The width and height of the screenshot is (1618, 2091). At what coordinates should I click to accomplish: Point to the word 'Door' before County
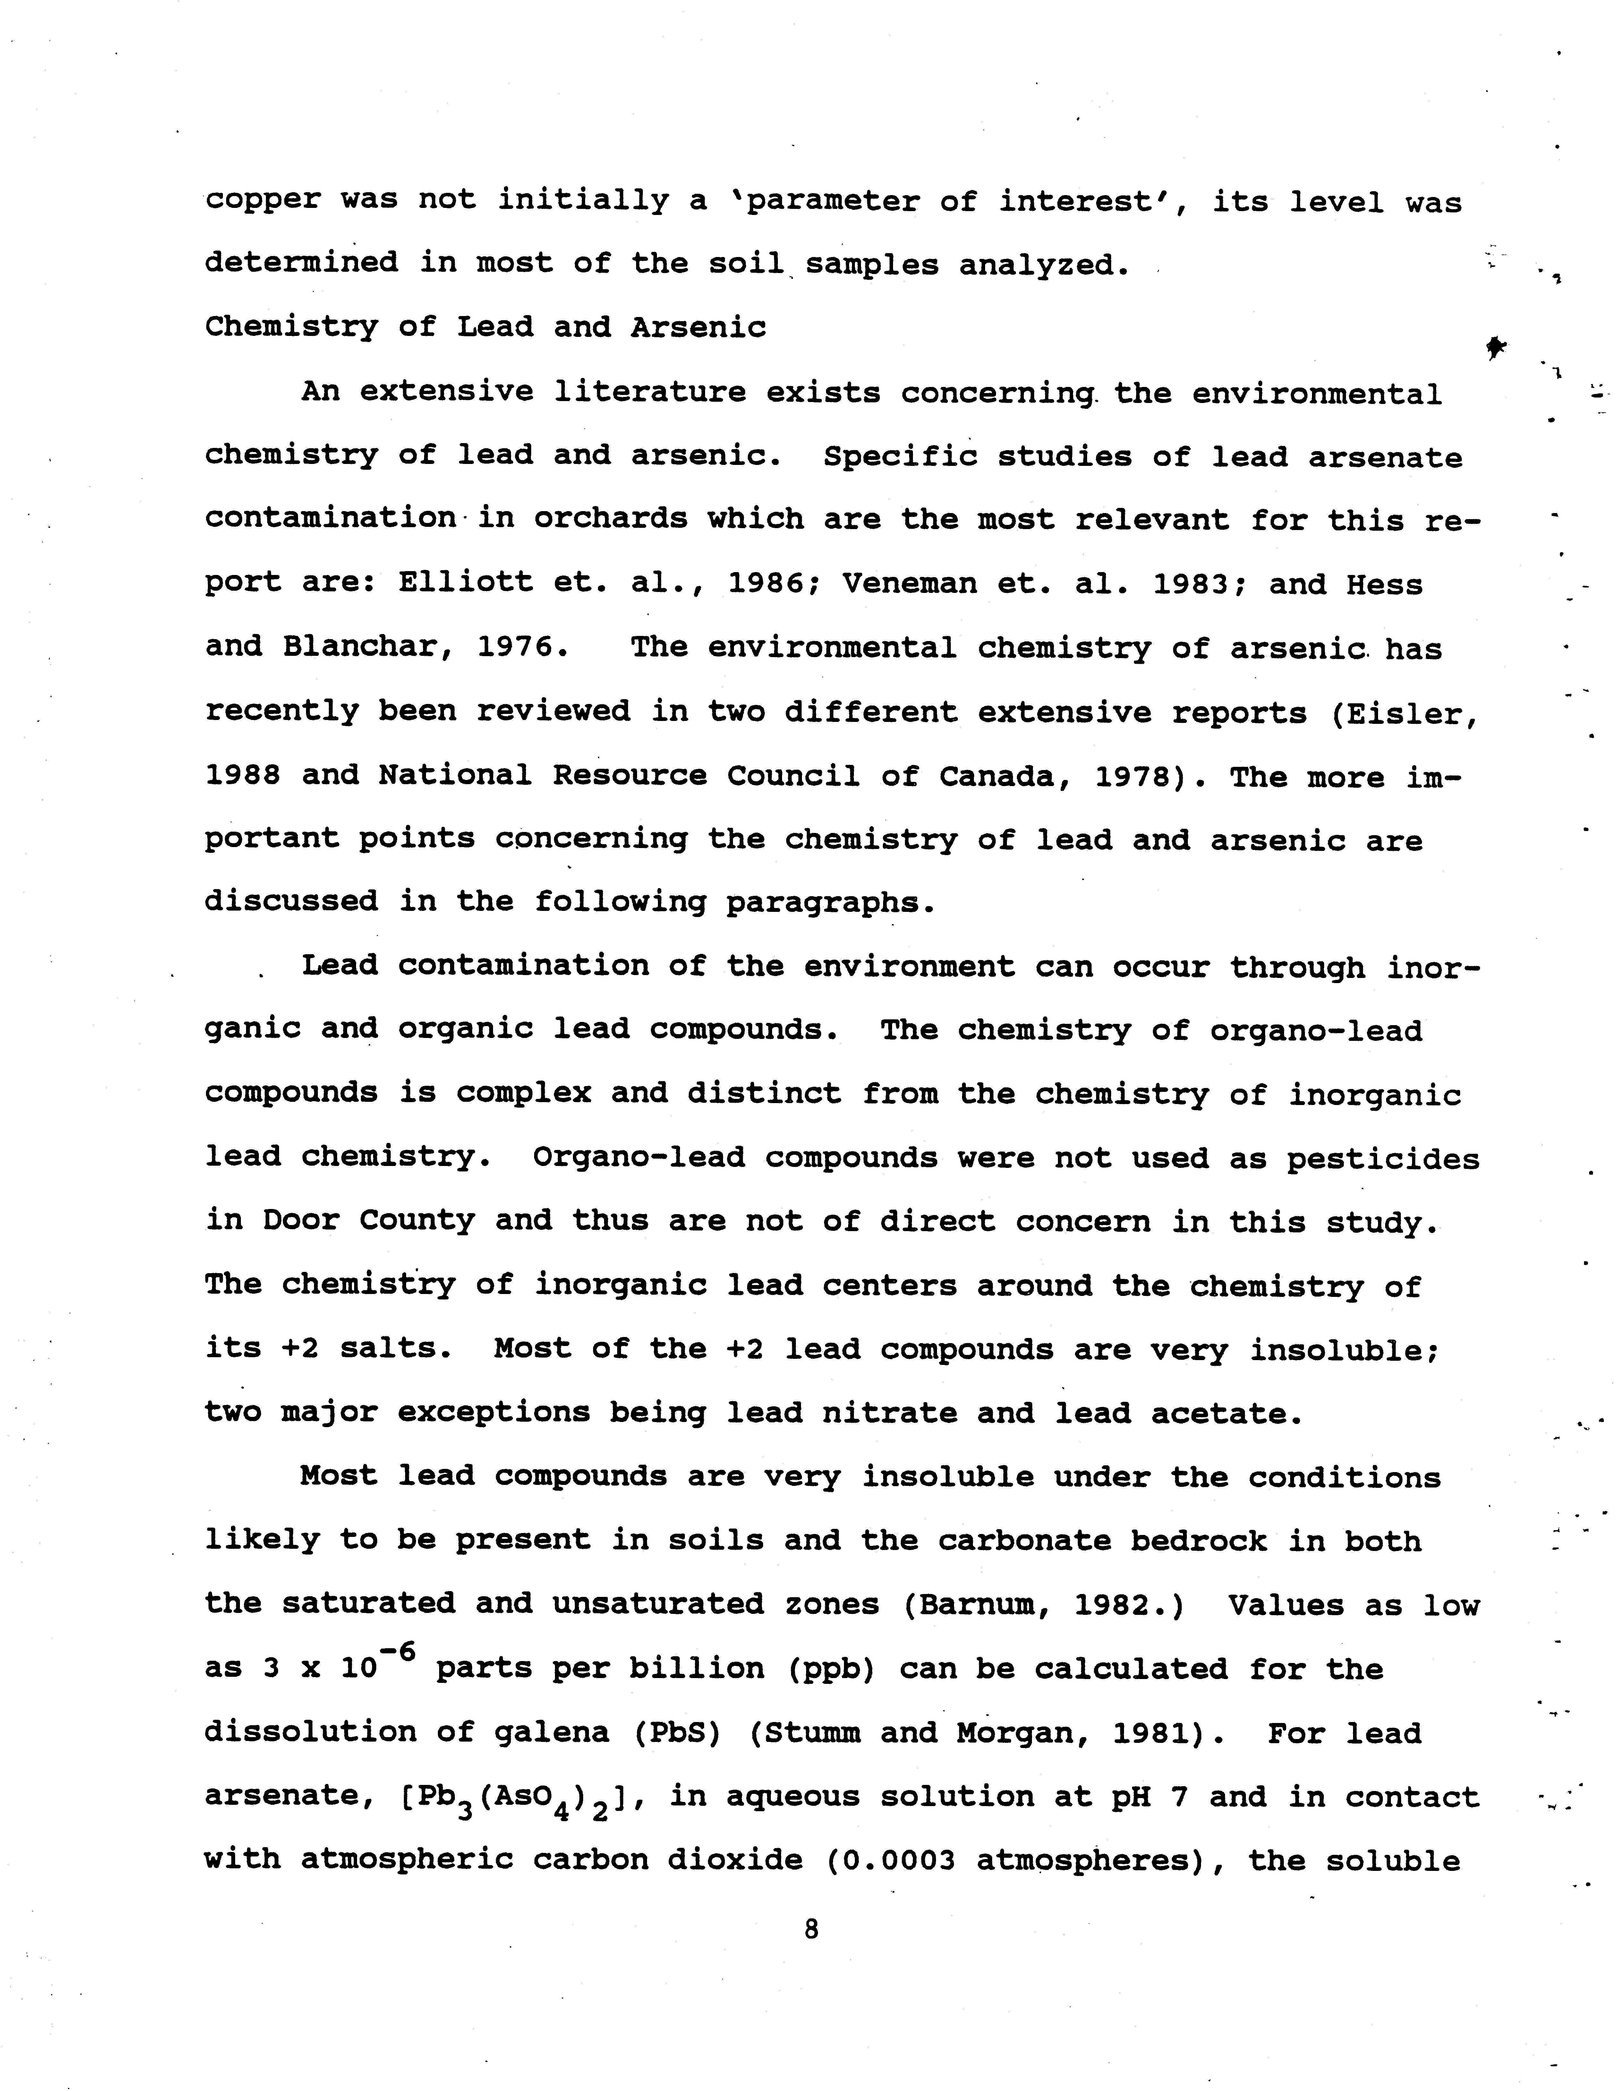click(x=301, y=1222)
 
